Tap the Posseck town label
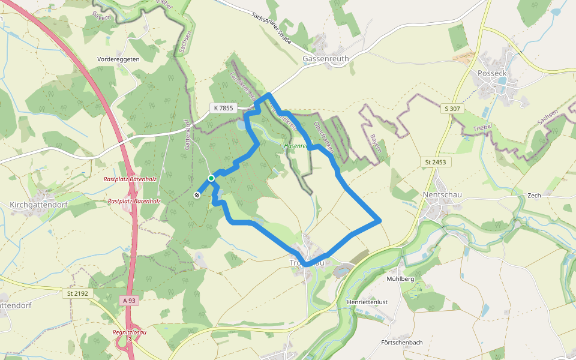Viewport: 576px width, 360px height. [493, 73]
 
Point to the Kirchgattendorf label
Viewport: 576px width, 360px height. [38, 205]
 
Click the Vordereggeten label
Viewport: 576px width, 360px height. [118, 59]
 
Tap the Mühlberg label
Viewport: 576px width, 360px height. [401, 279]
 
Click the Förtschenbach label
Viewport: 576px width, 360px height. [402, 343]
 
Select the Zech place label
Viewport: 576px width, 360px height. [534, 196]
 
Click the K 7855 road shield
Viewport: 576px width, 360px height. [223, 108]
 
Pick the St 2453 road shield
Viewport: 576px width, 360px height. [436, 162]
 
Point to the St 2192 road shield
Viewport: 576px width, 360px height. [77, 293]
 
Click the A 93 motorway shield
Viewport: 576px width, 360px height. [129, 300]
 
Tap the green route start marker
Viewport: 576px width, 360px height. [211, 178]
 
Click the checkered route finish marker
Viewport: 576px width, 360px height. [197, 194]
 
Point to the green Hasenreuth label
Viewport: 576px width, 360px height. [296, 146]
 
